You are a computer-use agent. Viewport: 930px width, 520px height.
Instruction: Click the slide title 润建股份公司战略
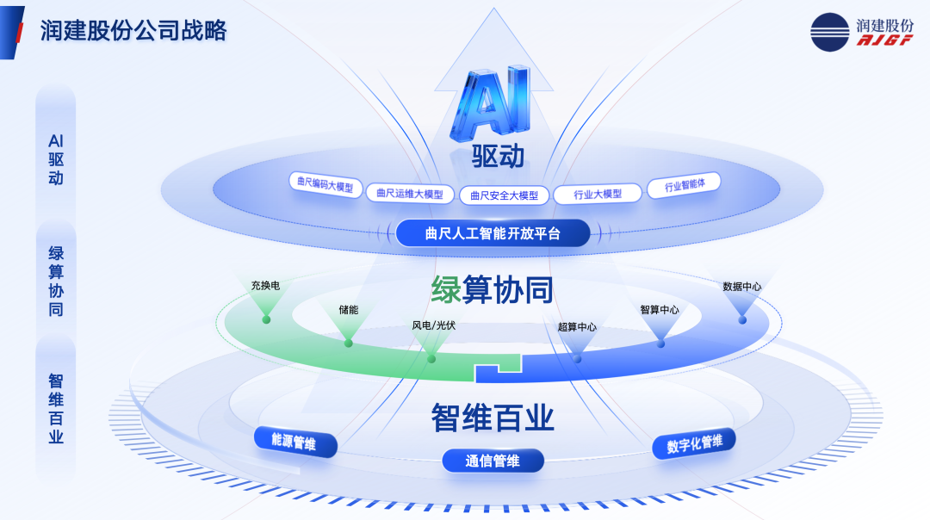tap(133, 31)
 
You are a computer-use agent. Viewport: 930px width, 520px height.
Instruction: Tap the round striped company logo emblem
tap(830, 32)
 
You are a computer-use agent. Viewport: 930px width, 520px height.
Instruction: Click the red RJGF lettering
tap(884, 40)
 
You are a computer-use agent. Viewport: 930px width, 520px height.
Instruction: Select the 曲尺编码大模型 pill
tap(325, 184)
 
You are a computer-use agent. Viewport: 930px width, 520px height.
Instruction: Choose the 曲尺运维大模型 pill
tap(410, 194)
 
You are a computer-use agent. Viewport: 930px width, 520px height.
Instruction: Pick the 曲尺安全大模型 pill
tap(504, 195)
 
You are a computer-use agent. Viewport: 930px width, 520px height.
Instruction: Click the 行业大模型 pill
tap(598, 194)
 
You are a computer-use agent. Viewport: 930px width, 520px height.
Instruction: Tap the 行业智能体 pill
tap(684, 185)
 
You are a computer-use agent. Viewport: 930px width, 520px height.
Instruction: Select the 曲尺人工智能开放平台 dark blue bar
tap(493, 233)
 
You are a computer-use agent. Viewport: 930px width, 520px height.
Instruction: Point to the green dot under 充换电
tap(266, 319)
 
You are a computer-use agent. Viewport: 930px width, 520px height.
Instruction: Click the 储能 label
tap(349, 310)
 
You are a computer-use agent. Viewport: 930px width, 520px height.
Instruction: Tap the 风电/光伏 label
tap(433, 325)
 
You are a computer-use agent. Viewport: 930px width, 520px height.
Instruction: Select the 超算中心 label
tap(576, 326)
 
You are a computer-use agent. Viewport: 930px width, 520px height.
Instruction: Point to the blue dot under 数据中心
tap(742, 320)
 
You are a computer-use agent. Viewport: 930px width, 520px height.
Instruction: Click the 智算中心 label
tap(660, 310)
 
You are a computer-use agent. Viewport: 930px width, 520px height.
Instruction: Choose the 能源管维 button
tap(295, 442)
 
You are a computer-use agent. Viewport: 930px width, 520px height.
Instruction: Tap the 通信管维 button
tap(493, 461)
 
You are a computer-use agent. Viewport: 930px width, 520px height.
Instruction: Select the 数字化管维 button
tap(694, 443)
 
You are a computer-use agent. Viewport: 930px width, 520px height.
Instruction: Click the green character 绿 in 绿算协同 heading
tap(446, 290)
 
